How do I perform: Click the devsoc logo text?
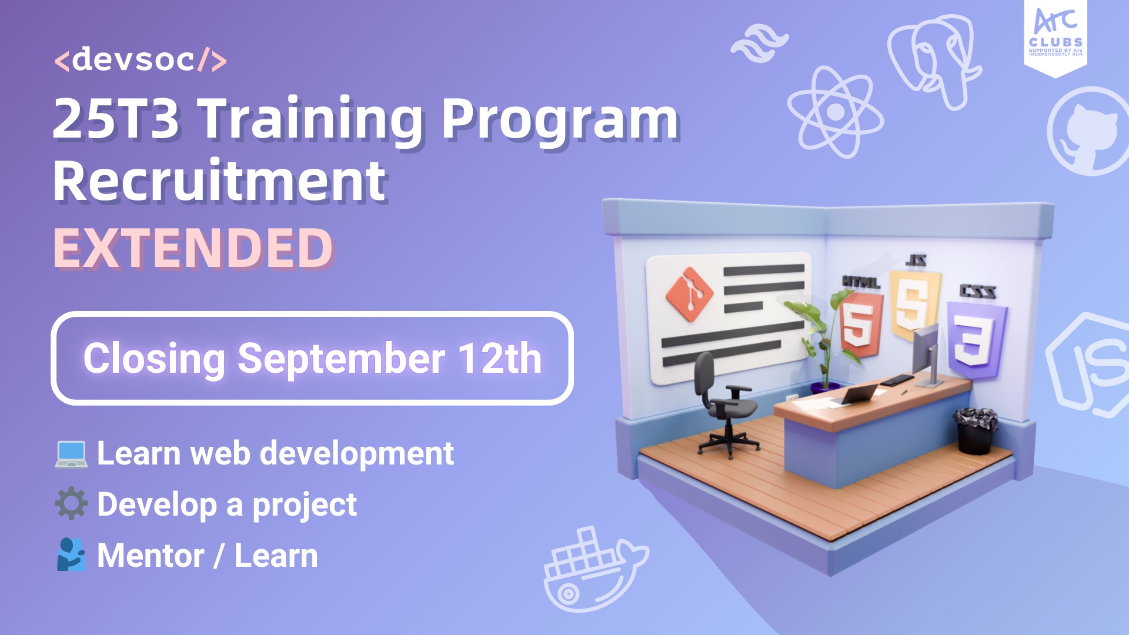click(140, 60)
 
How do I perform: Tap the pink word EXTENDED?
click(193, 248)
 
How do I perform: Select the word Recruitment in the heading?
click(220, 181)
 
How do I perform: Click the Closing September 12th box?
click(312, 358)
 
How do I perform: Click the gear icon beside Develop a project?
click(71, 503)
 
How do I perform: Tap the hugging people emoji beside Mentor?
click(71, 554)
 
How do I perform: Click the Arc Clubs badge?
click(1055, 36)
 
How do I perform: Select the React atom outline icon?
click(835, 111)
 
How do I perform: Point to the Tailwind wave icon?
click(759, 43)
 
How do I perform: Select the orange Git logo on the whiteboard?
click(689, 294)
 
